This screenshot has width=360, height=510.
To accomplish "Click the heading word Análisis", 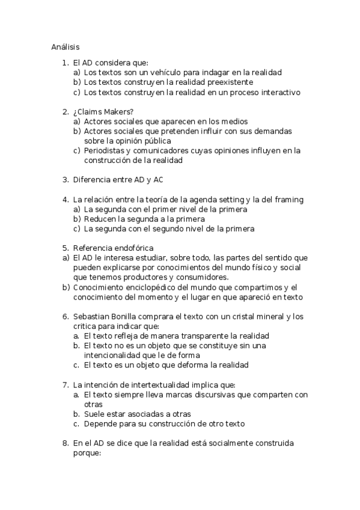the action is [x=66, y=46].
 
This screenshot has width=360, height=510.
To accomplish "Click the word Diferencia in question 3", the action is [x=92, y=179].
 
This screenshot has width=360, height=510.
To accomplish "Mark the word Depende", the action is [x=102, y=423].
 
